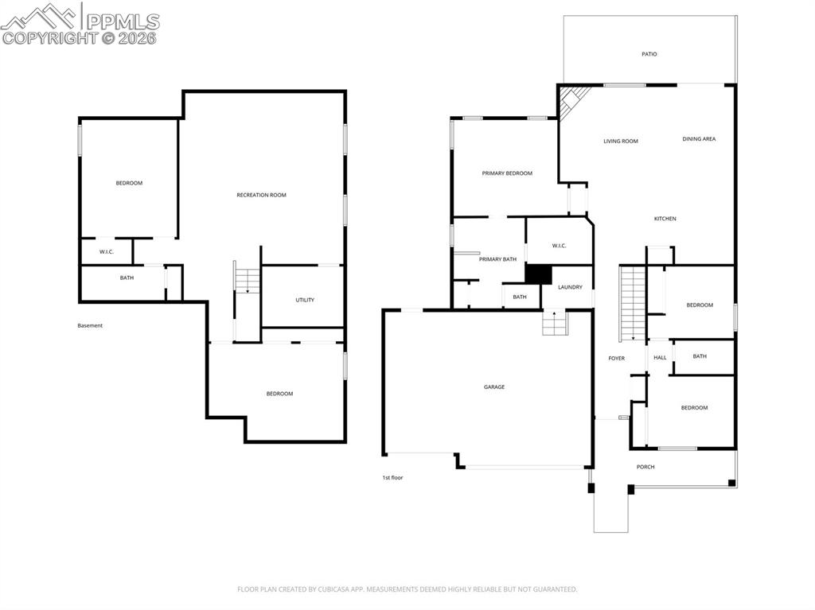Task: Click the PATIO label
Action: (649, 54)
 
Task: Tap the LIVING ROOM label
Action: (620, 142)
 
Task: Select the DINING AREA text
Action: (699, 139)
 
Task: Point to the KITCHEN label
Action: (665, 219)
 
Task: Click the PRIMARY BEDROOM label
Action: (507, 173)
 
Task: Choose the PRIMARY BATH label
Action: (497, 259)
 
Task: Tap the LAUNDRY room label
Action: (570, 287)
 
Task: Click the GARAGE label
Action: (494, 387)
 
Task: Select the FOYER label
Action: (616, 359)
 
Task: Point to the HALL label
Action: (660, 358)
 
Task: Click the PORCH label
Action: (645, 467)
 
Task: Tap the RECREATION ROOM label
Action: (261, 195)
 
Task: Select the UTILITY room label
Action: (305, 300)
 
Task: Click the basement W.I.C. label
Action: (107, 252)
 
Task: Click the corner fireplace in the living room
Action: (571, 101)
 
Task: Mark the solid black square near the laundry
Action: (539, 274)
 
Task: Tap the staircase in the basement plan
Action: (248, 280)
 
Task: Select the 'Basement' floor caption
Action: (90, 325)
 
